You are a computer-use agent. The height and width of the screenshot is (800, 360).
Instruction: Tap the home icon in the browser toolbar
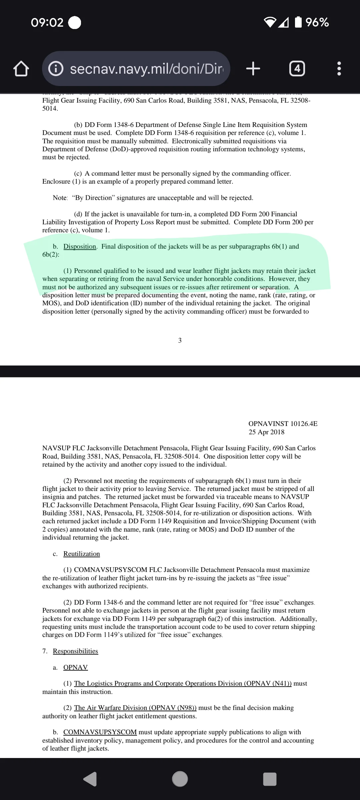tap(21, 69)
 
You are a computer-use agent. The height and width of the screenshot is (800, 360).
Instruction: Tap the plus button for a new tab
tap(253, 69)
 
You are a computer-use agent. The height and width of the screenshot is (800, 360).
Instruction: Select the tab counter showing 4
tap(297, 69)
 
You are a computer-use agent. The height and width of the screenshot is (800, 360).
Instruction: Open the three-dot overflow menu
tap(339, 69)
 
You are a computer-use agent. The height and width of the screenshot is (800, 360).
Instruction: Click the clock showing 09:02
tap(47, 22)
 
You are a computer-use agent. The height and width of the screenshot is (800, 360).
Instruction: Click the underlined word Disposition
tap(80, 246)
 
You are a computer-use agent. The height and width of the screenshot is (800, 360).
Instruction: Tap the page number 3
tap(180, 340)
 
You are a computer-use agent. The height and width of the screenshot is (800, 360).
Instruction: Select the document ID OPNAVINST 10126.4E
tap(283, 424)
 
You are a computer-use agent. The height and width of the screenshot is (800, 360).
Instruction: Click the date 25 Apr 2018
tap(266, 432)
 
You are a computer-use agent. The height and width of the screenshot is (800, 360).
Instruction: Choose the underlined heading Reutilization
tap(82, 554)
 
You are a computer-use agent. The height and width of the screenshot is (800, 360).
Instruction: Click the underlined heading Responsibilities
tap(75, 651)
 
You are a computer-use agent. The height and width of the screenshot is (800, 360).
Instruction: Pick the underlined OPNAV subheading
tap(75, 667)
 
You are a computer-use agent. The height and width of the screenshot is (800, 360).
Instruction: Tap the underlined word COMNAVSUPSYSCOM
tap(100, 732)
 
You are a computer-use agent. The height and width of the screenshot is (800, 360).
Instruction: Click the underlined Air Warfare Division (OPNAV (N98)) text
tap(135, 708)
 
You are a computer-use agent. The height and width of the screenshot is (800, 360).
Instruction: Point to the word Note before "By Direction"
tap(60, 198)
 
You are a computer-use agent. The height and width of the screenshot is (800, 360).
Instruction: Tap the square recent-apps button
tap(270, 779)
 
